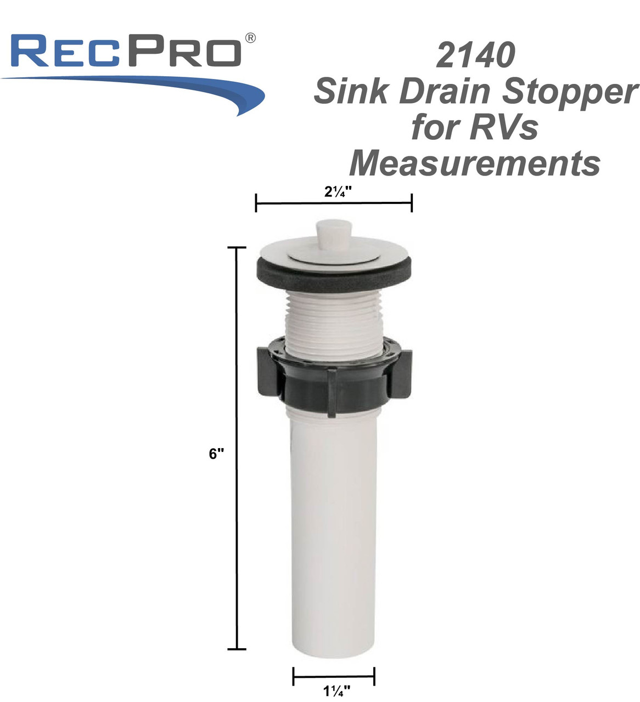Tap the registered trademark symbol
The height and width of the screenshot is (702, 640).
[250, 38]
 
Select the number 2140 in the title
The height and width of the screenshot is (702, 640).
[476, 55]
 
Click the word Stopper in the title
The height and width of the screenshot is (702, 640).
[571, 92]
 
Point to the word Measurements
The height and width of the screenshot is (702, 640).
[475, 163]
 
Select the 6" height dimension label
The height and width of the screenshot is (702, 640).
[217, 454]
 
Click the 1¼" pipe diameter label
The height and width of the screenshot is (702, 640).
[333, 691]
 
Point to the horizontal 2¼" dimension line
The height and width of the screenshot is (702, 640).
[334, 203]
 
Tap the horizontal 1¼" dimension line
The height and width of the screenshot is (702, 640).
[334, 676]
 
